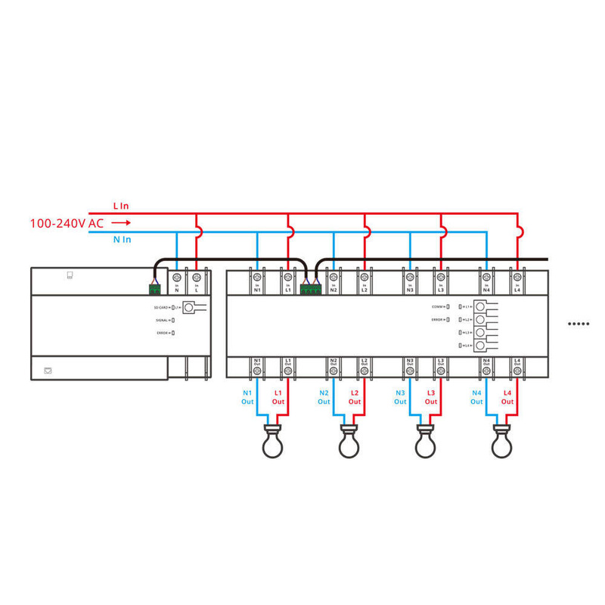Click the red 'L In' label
point(121,206)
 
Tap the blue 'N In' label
point(122,240)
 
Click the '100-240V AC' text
point(67,223)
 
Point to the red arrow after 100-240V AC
point(123,223)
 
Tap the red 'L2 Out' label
point(355,397)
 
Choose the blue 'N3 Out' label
point(400,397)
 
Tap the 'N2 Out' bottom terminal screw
point(333,371)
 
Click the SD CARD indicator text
point(161,308)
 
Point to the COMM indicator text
point(438,306)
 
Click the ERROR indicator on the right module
point(438,320)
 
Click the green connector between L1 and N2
point(310,288)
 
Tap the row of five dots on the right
point(579,324)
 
